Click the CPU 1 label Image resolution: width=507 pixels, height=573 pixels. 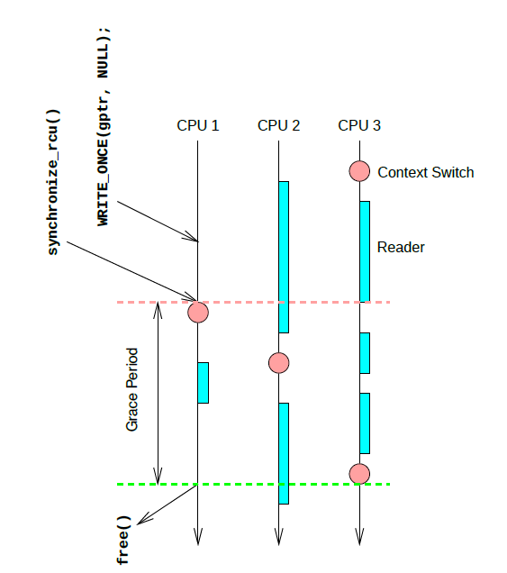[197, 125]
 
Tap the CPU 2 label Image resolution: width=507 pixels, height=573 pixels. [278, 125]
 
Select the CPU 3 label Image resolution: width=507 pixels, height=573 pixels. [358, 125]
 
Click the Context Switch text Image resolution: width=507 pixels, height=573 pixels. [425, 172]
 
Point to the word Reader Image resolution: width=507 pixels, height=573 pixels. [401, 247]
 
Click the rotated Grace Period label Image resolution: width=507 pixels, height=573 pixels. [132, 388]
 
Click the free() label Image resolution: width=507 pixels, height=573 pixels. [123, 541]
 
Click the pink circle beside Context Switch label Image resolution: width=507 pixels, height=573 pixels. [359, 170]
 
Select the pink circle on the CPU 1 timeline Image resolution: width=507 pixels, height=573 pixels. [197, 313]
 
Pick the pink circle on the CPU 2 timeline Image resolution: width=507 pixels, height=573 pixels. [278, 363]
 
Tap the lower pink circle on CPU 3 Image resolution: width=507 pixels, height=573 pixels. [359, 473]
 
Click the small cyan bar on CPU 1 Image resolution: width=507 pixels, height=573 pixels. [203, 382]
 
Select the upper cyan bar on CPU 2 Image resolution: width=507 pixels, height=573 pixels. [284, 257]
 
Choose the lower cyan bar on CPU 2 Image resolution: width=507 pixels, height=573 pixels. [284, 453]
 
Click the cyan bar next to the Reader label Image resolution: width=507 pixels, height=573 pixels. [365, 250]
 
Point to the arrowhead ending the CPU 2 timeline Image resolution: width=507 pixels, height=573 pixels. [278, 538]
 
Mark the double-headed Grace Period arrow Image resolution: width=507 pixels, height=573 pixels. [158, 393]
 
